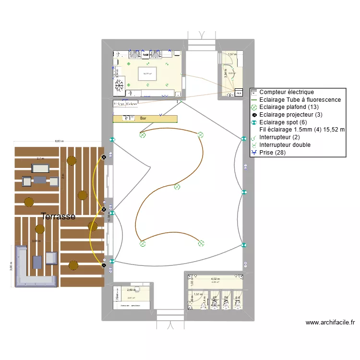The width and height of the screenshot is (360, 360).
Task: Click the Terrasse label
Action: [58, 216]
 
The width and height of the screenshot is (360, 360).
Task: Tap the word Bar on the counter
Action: [143, 118]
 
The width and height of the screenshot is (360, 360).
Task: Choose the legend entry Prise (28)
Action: [274, 153]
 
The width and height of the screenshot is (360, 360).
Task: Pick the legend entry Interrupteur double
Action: [285, 145]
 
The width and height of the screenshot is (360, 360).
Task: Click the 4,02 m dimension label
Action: [215, 279]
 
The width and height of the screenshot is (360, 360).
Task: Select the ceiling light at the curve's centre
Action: [177, 187]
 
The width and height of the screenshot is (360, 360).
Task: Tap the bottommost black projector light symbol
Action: [104, 265]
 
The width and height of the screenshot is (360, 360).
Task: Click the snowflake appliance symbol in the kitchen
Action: [119, 85]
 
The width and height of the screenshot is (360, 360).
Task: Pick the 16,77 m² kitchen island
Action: [147, 74]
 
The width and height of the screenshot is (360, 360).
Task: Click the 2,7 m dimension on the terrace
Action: [40, 158]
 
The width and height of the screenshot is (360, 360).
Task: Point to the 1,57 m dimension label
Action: [232, 55]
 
